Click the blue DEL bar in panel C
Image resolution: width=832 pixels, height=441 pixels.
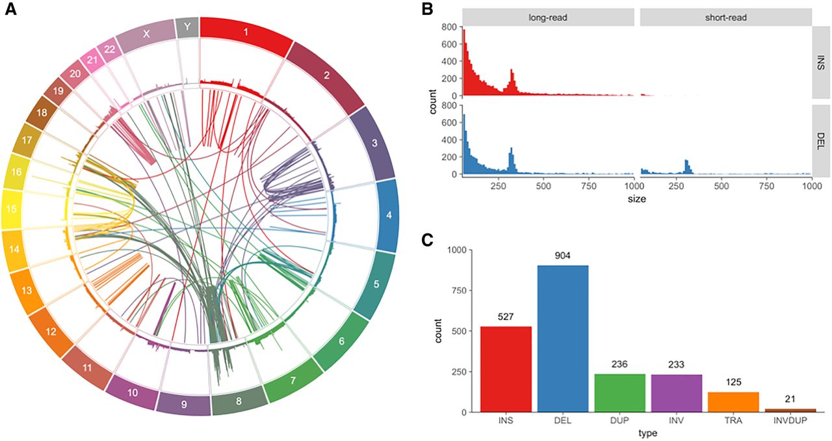point(562,338)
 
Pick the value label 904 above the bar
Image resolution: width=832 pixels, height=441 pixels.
point(562,256)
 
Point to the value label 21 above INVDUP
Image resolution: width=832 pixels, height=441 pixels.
point(789,399)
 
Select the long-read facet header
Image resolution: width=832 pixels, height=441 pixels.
point(548,17)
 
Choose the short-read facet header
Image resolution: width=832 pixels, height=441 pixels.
point(725,17)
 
